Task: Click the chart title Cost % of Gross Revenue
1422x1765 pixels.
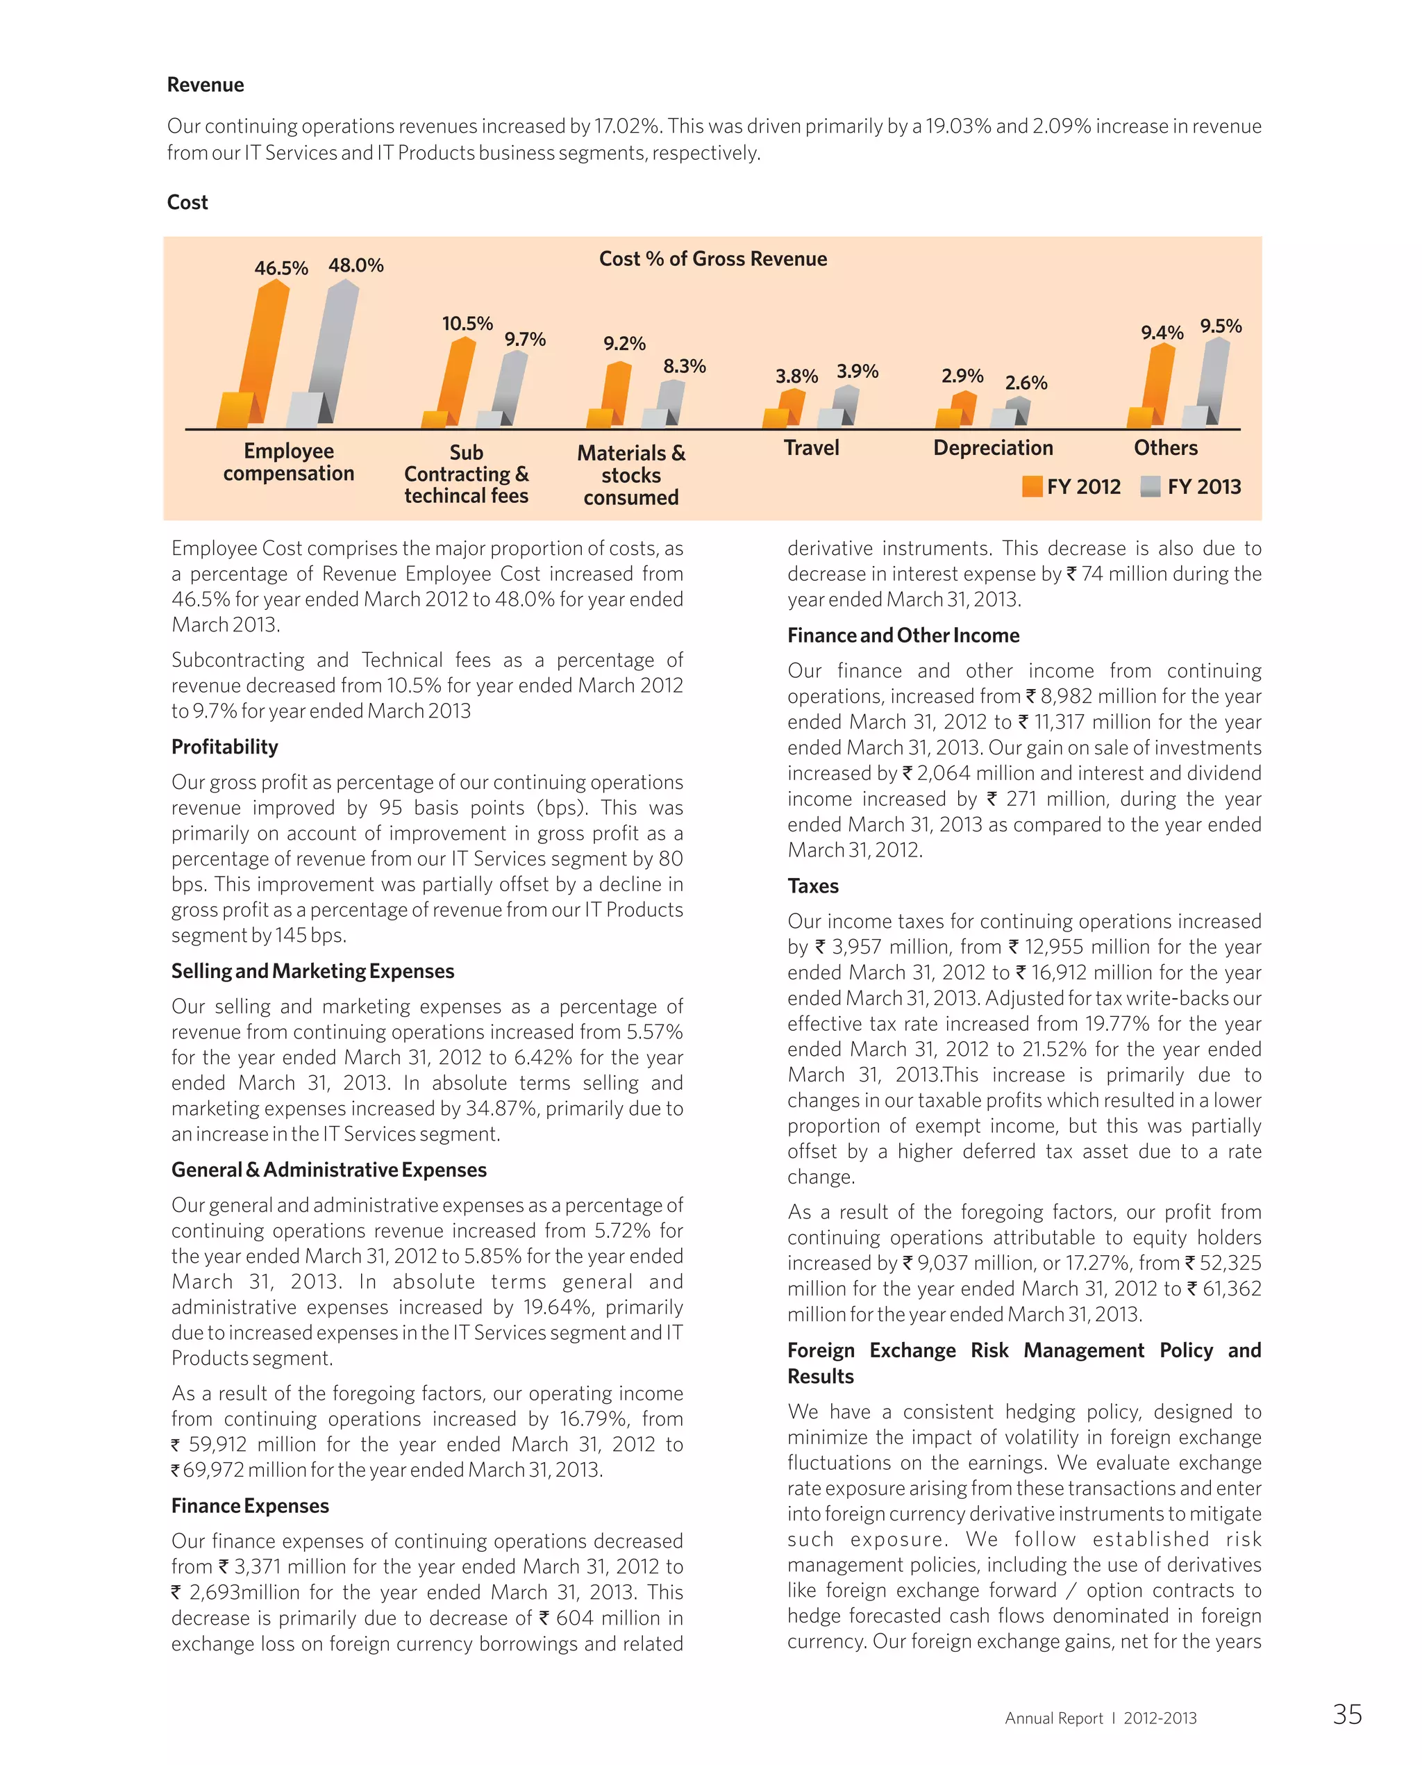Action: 712,259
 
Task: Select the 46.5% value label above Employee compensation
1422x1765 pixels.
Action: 281,268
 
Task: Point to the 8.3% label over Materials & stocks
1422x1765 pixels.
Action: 684,366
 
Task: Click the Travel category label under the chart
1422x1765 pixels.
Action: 811,447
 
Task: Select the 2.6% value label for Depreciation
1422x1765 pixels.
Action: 1026,383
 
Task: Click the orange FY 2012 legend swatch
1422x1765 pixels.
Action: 1032,487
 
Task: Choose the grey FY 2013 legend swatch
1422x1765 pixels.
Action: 1150,487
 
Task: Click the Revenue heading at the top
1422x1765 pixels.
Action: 206,85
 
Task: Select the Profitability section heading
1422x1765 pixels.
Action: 224,747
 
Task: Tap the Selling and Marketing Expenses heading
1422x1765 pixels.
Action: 312,971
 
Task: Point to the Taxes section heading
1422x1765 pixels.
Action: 812,886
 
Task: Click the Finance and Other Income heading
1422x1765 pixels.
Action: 903,635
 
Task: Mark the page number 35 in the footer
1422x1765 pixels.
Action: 1346,1714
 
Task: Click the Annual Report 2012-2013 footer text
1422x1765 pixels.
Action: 1100,1718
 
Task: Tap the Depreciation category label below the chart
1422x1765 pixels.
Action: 993,447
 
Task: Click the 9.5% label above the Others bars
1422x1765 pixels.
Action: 1221,326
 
